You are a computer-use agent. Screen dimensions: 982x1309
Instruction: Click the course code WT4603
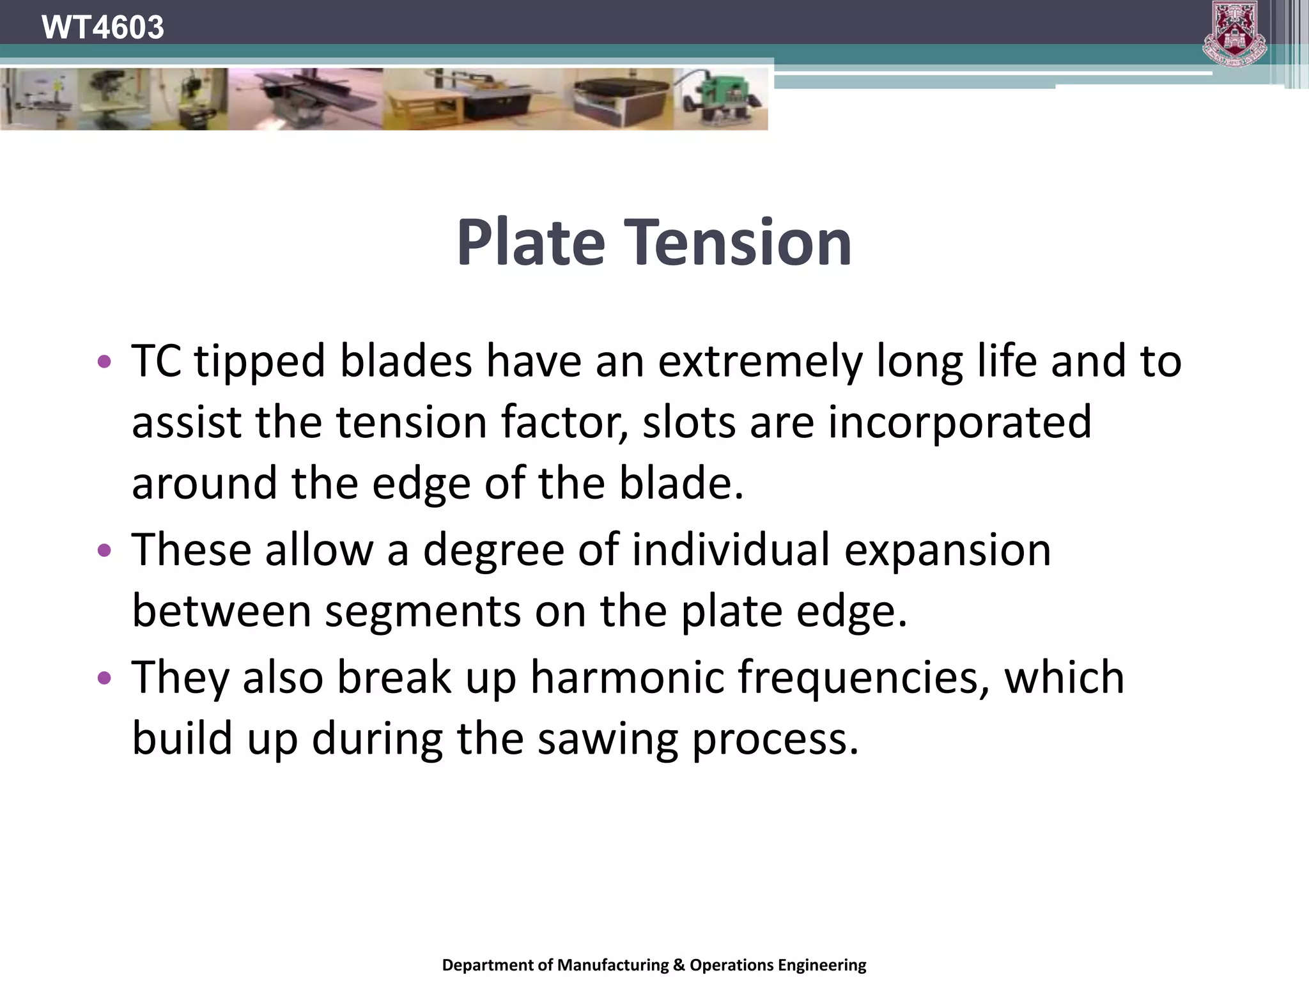click(x=102, y=27)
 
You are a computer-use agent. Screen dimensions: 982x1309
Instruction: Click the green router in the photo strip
click(x=723, y=100)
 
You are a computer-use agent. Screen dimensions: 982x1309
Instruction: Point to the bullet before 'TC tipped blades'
click(x=104, y=362)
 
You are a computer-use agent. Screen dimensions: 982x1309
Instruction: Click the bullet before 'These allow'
click(x=104, y=550)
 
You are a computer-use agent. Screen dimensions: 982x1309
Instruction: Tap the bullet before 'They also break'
click(x=104, y=678)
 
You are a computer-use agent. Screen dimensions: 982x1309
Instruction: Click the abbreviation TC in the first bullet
click(x=157, y=361)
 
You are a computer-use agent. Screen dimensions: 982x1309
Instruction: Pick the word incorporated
click(x=959, y=423)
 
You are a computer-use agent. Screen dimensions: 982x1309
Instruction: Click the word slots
click(x=688, y=423)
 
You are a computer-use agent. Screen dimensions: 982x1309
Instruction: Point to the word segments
click(x=422, y=612)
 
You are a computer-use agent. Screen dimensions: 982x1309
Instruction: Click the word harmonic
click(x=627, y=677)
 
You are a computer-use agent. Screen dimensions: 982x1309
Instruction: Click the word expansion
click(x=947, y=551)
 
